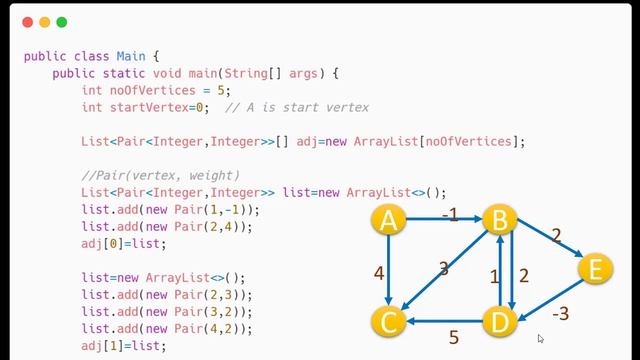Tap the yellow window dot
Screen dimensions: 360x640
[44, 22]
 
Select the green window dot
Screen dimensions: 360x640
[61, 22]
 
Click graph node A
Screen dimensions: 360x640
[388, 221]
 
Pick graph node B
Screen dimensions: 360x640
[499, 221]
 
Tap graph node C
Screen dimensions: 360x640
[388, 321]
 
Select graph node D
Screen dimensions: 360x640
[499, 321]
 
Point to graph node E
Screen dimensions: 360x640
[595, 269]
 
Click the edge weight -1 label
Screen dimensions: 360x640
[449, 215]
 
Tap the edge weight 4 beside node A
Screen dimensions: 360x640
[379, 272]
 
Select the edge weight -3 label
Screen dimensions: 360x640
[560, 314]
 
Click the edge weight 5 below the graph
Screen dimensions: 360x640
[454, 338]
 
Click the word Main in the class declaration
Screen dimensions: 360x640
[131, 56]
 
